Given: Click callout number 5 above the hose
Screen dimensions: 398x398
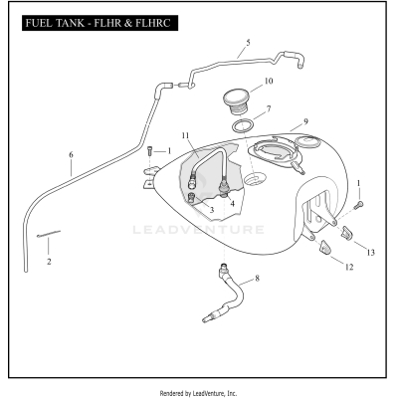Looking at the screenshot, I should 248,43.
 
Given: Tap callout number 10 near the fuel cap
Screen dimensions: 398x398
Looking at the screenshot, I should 268,81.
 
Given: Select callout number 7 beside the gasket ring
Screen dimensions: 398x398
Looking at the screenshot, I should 268,107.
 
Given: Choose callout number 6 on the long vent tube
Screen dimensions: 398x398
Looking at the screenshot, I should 71,155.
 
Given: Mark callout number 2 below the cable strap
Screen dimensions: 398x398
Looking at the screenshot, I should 49,261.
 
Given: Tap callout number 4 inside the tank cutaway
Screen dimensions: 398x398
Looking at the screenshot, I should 232,203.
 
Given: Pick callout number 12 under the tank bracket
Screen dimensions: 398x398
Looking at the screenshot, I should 348,267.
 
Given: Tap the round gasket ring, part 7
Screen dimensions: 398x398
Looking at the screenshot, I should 243,126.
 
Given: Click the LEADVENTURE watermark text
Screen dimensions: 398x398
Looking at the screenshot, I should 198,229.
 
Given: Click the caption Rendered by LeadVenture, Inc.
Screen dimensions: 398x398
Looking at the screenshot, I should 199,392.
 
